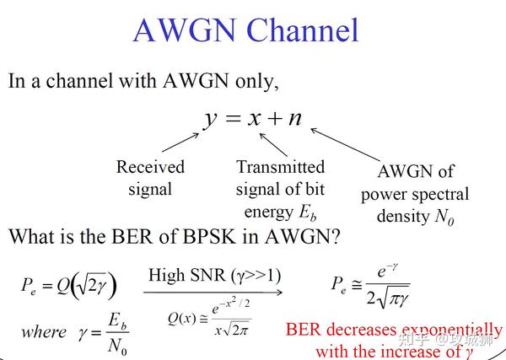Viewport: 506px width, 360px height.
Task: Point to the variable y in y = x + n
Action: point(211,118)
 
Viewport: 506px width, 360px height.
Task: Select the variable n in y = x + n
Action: point(294,118)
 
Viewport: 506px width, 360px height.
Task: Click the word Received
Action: point(150,167)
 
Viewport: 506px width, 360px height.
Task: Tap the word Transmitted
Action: point(280,167)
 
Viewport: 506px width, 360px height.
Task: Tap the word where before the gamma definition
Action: point(43,331)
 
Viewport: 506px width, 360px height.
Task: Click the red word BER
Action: point(304,330)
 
